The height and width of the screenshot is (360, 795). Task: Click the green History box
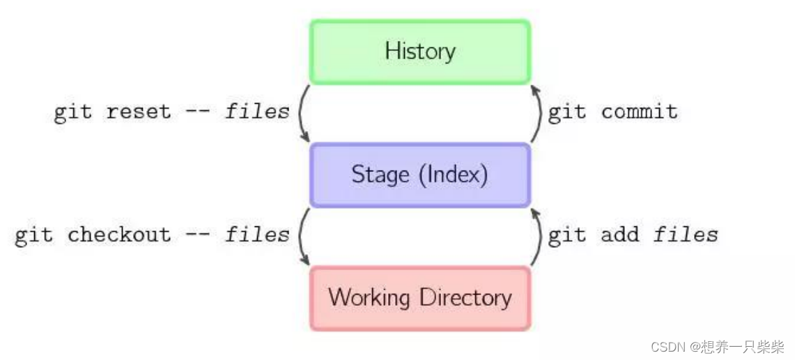click(x=420, y=52)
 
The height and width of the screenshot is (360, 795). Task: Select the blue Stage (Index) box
click(x=420, y=175)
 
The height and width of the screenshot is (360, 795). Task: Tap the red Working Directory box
click(x=420, y=298)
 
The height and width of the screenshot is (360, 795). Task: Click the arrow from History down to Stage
click(x=302, y=114)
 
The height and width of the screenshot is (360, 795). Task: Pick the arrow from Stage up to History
click(x=539, y=114)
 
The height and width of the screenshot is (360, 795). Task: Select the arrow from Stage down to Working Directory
click(x=302, y=236)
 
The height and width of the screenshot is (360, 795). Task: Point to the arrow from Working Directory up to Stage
click(x=539, y=236)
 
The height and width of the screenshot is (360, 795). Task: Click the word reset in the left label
click(x=138, y=112)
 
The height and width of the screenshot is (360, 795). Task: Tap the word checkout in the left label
click(x=118, y=235)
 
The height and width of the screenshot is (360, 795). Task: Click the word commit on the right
click(x=639, y=112)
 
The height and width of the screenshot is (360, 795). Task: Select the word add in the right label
click(x=619, y=235)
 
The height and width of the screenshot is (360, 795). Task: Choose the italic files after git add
click(x=686, y=235)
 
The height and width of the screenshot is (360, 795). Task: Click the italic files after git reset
click(x=257, y=112)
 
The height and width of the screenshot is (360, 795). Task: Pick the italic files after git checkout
click(x=257, y=235)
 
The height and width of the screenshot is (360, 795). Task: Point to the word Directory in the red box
click(x=465, y=298)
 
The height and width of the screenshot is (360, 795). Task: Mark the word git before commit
click(x=566, y=112)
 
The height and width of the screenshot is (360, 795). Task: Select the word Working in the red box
click(x=369, y=298)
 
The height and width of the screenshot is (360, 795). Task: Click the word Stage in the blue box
click(x=380, y=174)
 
